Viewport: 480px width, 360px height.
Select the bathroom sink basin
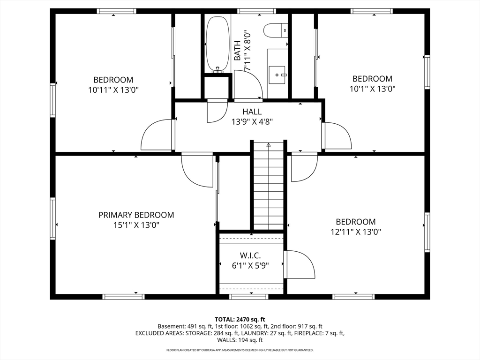(x=277, y=75)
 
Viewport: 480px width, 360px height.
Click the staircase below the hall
(x=269, y=186)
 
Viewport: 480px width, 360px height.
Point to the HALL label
(x=252, y=112)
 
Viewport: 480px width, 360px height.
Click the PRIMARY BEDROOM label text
(x=136, y=215)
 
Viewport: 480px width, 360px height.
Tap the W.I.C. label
(x=250, y=255)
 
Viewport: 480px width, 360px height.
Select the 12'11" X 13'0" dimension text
(x=356, y=232)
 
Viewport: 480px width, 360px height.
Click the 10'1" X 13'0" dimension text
(x=373, y=89)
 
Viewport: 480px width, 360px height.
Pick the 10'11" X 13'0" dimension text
(x=113, y=90)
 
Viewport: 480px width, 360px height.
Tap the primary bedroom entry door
(x=197, y=170)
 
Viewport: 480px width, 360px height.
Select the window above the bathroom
(x=256, y=11)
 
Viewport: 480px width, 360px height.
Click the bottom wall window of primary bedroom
(x=123, y=297)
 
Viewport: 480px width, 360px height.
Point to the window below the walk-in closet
(x=248, y=297)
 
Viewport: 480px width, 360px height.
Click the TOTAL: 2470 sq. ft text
(x=240, y=320)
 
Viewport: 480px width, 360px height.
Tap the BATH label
(x=237, y=51)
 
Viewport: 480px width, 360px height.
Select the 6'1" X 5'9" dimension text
(x=250, y=265)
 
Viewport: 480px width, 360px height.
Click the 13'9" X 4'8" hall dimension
(x=252, y=122)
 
